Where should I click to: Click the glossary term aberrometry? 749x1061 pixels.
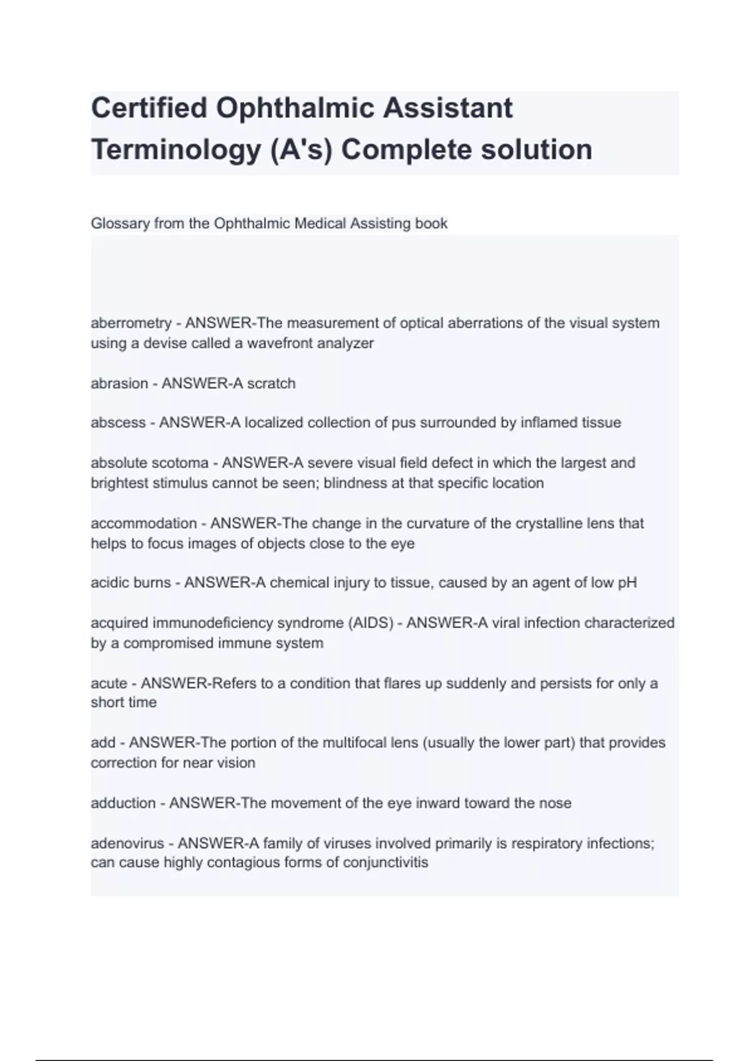point(131,323)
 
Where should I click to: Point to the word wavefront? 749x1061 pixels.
point(290,343)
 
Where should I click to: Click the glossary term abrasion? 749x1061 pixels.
point(119,383)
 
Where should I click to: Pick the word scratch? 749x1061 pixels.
point(272,383)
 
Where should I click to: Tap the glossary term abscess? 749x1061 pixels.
point(118,423)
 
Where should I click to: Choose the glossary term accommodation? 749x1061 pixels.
point(144,523)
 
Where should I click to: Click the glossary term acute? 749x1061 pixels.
point(109,683)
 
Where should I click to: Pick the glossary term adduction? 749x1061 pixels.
point(123,803)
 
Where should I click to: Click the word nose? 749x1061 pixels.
point(556,803)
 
